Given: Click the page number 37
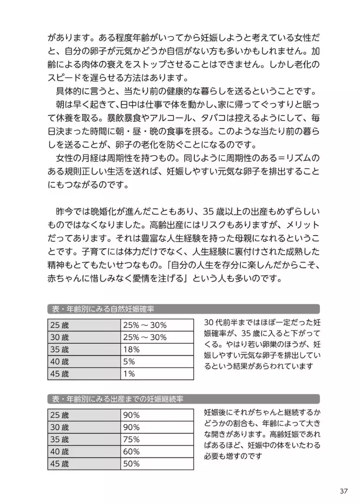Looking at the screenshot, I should coord(343,491).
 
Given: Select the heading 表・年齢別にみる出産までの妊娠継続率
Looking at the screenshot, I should coord(117,399).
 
